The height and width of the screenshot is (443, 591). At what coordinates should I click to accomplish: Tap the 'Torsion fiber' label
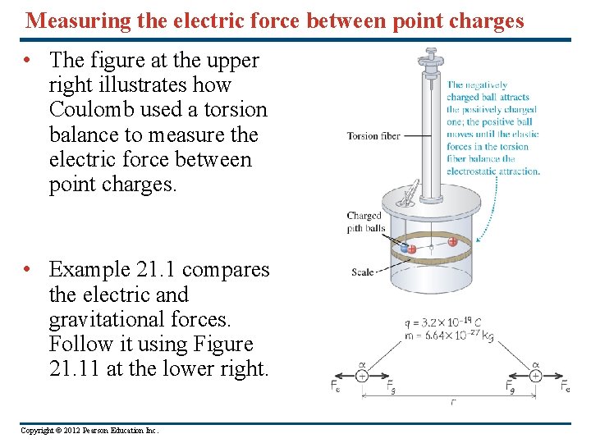373,136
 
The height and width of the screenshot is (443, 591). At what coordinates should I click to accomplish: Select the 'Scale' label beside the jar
363,272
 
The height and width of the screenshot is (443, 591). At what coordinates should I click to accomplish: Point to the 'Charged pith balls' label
365,222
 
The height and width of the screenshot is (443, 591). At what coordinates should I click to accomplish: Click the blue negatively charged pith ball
403,247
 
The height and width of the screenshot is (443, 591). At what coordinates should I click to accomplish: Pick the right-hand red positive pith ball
452,241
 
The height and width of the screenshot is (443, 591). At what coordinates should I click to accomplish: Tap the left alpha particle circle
361,376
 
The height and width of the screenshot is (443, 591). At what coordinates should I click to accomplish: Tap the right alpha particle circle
535,376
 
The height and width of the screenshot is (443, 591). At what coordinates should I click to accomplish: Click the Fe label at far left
337,386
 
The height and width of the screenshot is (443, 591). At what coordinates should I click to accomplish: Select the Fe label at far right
566,386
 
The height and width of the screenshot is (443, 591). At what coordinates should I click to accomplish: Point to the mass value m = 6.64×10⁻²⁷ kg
447,335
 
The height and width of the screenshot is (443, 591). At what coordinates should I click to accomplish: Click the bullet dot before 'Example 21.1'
28,269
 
